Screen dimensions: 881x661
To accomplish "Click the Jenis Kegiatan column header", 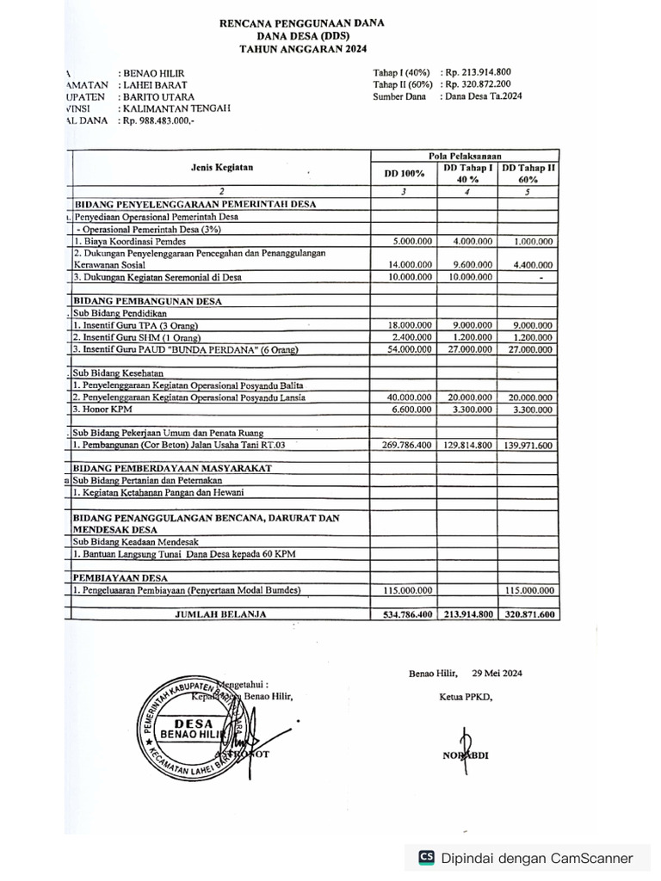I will tap(221, 168).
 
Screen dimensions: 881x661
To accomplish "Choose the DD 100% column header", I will tap(404, 173).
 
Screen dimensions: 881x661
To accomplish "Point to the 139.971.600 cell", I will tap(528, 445).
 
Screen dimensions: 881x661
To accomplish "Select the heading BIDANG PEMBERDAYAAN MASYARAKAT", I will tap(173, 468).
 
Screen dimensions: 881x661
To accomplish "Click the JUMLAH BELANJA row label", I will tap(221, 614).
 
